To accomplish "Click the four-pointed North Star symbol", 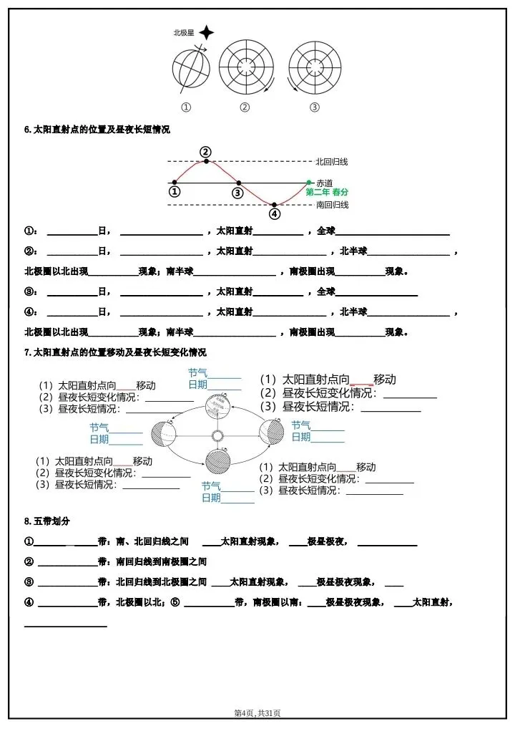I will pos(206,32).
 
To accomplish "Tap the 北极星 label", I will pos(184,32).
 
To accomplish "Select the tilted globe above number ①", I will pos(190,70).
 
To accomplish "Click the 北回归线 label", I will pos(332,162).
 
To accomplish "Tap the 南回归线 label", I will pos(332,205).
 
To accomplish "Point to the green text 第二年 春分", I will pos(328,193).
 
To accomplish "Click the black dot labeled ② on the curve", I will pos(206,161).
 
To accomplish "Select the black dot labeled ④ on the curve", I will pos(274,205).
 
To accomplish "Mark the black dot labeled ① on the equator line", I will pos(174,183).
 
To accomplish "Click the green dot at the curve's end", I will pos(309,183).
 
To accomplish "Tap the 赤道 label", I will pos(324,183).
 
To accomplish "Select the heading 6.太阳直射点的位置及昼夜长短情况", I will pos(97,130).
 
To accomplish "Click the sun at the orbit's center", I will pos(217,435).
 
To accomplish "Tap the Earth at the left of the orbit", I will pos(162,434).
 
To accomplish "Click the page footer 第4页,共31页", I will pos(257,713).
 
